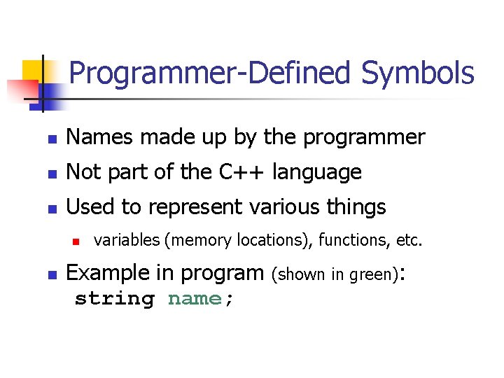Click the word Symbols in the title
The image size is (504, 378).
coord(418,73)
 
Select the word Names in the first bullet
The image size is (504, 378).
coord(99,137)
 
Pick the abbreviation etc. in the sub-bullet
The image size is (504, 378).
coord(409,241)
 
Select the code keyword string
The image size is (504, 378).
coord(114,299)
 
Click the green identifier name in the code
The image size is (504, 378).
coord(194,299)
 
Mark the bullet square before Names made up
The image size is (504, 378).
coord(51,139)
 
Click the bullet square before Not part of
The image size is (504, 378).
coord(51,174)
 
